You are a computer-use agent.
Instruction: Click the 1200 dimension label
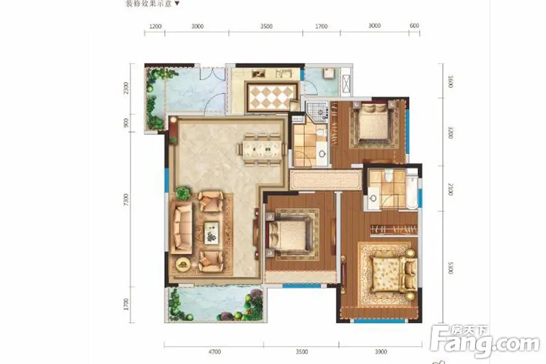click(x=155, y=27)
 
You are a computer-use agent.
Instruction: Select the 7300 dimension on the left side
click(x=126, y=200)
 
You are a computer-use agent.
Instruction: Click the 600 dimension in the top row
click(x=415, y=27)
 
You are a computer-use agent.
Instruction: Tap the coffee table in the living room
click(x=211, y=231)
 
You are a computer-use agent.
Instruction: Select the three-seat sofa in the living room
click(x=181, y=227)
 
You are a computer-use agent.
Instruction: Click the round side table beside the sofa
click(x=181, y=264)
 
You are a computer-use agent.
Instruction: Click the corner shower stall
click(x=316, y=110)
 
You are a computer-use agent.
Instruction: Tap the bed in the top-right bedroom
click(x=370, y=124)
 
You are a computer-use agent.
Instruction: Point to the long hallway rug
click(x=325, y=180)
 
